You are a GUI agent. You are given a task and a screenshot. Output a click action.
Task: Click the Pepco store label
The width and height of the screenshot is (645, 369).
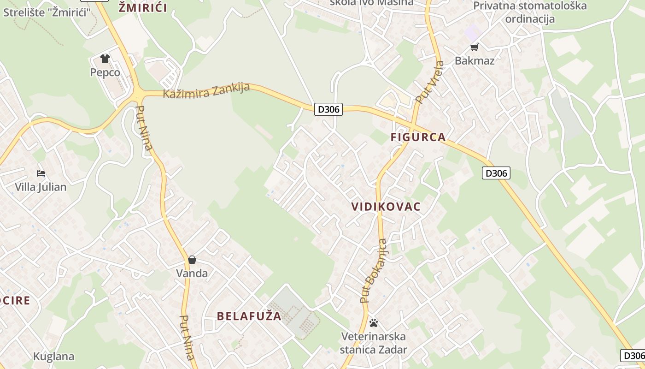pyautogui.click(x=105, y=72)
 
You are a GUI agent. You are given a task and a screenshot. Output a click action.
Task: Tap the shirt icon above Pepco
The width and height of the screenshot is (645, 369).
pyautogui.click(x=105, y=59)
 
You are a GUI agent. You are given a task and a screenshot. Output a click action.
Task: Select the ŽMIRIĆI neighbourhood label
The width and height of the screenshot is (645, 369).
pyautogui.click(x=142, y=7)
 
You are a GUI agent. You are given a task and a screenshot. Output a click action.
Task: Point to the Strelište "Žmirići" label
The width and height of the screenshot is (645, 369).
pyautogui.click(x=47, y=12)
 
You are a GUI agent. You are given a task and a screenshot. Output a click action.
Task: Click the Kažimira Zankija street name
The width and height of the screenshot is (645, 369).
pyautogui.click(x=206, y=90)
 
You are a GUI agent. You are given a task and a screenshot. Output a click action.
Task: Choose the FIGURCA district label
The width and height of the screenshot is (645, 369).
pyautogui.click(x=418, y=137)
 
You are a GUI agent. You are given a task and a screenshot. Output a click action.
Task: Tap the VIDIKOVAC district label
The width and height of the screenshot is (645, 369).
pyautogui.click(x=386, y=207)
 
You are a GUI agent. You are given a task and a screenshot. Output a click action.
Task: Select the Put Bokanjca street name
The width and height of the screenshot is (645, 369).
pyautogui.click(x=374, y=271)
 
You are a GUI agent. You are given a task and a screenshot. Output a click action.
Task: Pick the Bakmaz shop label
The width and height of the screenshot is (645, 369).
pyautogui.click(x=475, y=60)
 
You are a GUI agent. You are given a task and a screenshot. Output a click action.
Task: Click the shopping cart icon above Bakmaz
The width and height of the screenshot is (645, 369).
pyautogui.click(x=474, y=47)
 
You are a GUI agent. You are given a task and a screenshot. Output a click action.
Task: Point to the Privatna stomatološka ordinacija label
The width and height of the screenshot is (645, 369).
pyautogui.click(x=530, y=12)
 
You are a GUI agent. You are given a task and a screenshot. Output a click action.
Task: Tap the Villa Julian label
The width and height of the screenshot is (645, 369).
pyautogui.click(x=41, y=187)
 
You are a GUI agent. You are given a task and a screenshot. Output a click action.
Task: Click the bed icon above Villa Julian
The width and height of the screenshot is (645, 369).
pyautogui.click(x=41, y=173)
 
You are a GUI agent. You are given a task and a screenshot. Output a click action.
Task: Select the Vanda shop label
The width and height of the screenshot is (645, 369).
pyautogui.click(x=192, y=273)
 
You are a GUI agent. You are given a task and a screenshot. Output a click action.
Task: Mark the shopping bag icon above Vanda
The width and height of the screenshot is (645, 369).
pyautogui.click(x=192, y=260)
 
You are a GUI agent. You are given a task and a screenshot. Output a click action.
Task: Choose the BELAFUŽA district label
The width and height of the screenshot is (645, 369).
pyautogui.click(x=249, y=316)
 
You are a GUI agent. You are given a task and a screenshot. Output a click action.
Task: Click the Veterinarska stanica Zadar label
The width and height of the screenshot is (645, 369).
pyautogui.click(x=374, y=343)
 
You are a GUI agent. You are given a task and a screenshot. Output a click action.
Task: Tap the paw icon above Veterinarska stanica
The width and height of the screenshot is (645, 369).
pyautogui.click(x=374, y=323)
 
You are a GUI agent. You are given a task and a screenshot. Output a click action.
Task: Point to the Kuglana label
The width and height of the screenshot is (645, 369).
pyautogui.click(x=53, y=356)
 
